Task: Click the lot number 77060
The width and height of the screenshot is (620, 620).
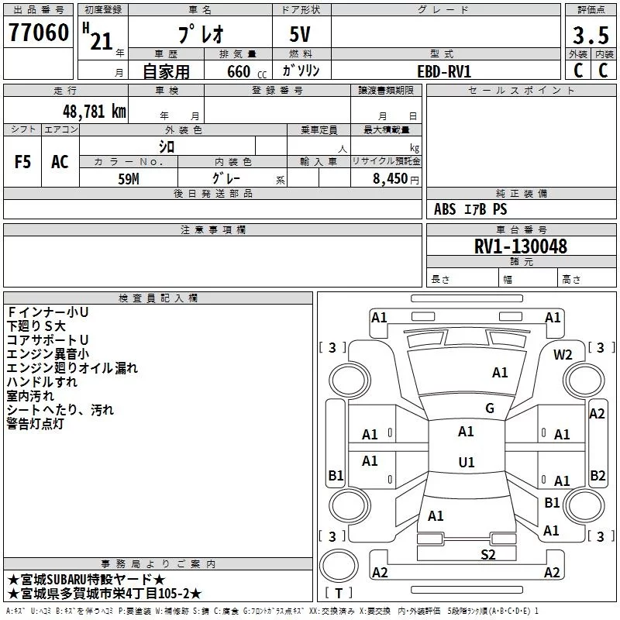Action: tap(39, 33)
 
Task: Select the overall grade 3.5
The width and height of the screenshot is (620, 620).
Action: tap(591, 36)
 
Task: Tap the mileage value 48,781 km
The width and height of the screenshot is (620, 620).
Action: tap(95, 112)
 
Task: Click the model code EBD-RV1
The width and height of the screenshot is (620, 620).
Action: tap(444, 71)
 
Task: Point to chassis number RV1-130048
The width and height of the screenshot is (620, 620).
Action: tap(520, 246)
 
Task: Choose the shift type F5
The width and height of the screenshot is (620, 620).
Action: tap(22, 162)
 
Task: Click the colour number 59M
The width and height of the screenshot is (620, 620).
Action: tap(129, 179)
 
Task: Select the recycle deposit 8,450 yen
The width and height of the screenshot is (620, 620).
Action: tap(395, 179)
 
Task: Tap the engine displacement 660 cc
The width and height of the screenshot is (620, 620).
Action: tap(246, 72)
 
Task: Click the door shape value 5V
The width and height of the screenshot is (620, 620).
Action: tap(300, 34)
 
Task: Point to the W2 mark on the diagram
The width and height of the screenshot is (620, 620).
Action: tap(563, 355)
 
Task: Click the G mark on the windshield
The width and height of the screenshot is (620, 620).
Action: tap(490, 408)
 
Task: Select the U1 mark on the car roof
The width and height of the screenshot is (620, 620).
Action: tap(467, 462)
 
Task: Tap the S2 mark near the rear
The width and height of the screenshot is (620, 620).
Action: tap(488, 555)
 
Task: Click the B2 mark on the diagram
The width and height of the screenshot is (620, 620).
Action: tap(598, 475)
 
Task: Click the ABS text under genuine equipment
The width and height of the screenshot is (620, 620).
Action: tap(445, 209)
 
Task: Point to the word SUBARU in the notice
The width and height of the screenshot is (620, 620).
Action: tap(67, 580)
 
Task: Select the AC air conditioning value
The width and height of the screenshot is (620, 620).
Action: tap(60, 162)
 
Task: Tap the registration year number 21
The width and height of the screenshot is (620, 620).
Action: tap(102, 41)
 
